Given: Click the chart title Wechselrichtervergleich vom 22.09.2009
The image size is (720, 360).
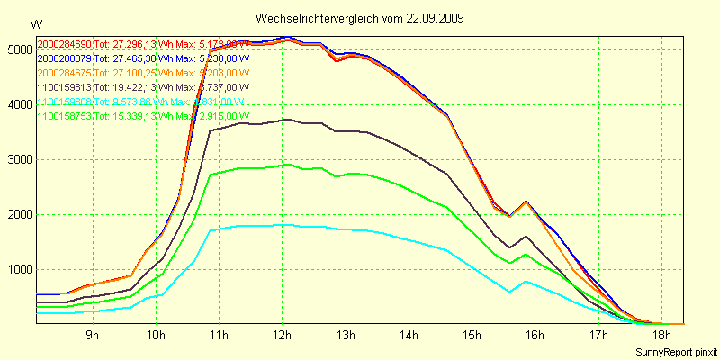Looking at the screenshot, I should (360, 18).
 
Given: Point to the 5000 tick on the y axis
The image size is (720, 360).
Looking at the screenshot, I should (18, 49).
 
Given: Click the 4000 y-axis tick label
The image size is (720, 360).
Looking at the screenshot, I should (18, 104).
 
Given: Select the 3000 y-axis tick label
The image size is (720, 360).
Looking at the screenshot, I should (18, 159).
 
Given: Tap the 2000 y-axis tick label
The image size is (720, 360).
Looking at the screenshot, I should (18, 214).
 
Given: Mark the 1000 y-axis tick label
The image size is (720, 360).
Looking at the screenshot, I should (18, 269).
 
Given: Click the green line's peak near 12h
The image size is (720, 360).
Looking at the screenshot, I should (287, 165).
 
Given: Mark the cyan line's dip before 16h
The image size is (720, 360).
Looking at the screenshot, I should (509, 292).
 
